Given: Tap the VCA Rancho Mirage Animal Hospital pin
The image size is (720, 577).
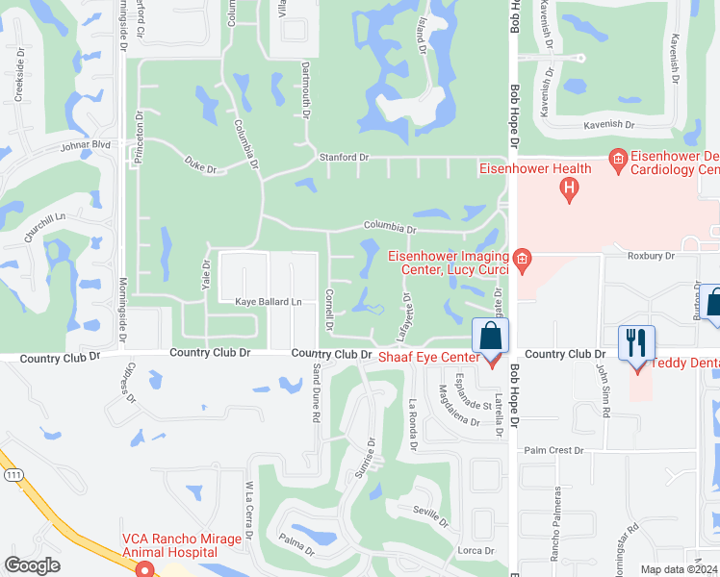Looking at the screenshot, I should (x=145, y=569).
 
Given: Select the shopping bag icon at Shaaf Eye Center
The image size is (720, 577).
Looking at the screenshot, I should (x=490, y=338).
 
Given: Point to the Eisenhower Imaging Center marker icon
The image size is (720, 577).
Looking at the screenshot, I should (x=522, y=258).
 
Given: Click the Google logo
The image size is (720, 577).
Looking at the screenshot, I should (x=32, y=565).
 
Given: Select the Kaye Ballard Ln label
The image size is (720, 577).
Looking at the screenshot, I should (x=269, y=302).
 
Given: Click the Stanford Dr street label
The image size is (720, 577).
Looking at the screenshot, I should (x=344, y=157).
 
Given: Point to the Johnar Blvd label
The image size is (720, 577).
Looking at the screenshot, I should (x=87, y=145).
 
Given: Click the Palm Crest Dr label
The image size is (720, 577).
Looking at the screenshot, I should (x=553, y=450).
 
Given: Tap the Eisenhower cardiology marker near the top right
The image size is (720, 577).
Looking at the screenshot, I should (x=618, y=157).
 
